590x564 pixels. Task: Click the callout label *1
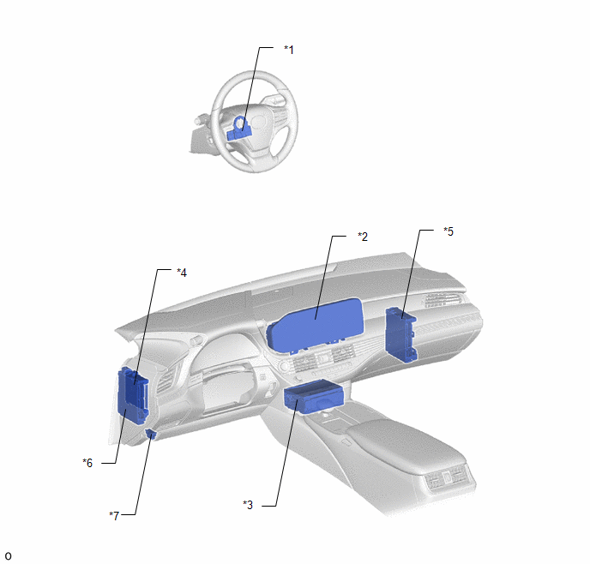pos(289,49)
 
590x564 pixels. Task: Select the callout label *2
pos(363,237)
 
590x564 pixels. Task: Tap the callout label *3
pos(248,505)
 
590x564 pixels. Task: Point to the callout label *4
pos(182,273)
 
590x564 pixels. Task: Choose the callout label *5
pos(449,231)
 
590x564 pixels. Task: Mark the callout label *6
pos(87,463)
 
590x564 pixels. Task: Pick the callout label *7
pos(114,515)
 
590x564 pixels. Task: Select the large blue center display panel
pos(315,326)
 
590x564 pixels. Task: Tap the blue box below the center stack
pos(313,397)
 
